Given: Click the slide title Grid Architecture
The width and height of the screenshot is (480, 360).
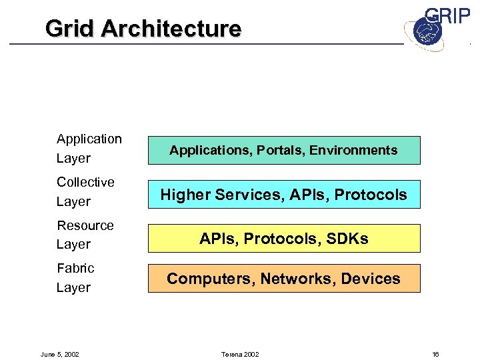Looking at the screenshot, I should point(143,29).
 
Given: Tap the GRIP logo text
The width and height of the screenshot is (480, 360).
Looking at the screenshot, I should point(447,17).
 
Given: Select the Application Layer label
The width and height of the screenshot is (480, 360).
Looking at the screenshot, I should point(89,149).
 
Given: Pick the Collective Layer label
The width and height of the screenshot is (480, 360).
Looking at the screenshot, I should point(85,192).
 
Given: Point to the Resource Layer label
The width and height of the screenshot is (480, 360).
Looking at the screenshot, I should point(85,235).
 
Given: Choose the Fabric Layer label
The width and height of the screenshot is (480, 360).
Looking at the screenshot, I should point(75,278).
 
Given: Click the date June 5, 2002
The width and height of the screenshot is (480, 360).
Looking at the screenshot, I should point(60,354).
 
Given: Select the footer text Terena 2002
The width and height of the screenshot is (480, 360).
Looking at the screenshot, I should point(240,354).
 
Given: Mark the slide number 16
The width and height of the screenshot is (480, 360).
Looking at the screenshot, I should point(435,354).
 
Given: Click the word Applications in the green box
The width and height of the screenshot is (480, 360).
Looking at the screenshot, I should point(202,151).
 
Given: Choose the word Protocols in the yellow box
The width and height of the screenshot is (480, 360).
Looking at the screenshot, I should point(280,239).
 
